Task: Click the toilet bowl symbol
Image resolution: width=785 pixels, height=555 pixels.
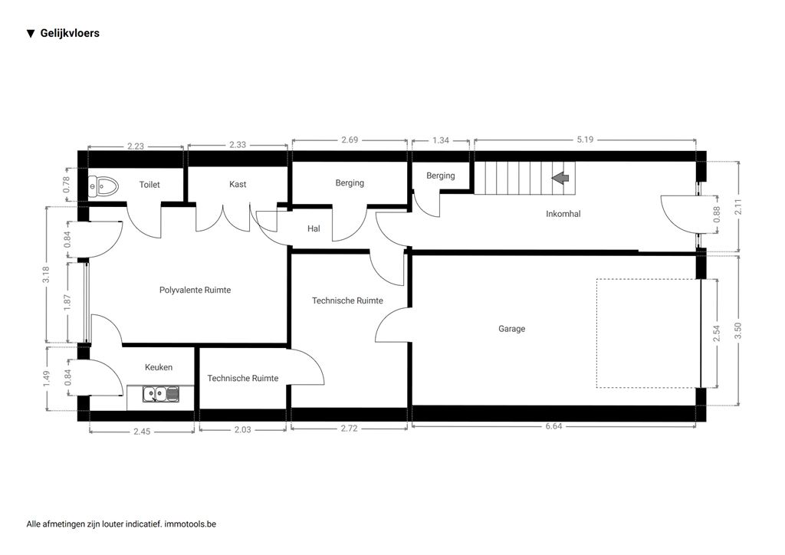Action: [x=103, y=186]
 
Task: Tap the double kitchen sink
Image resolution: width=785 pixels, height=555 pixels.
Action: [x=161, y=394]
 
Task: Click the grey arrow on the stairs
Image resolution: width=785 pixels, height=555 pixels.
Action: [x=560, y=178]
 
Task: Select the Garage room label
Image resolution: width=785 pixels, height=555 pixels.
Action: [x=511, y=329]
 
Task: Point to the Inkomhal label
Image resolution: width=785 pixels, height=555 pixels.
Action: [x=563, y=214]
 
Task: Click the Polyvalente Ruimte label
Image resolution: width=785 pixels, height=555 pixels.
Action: [x=195, y=290]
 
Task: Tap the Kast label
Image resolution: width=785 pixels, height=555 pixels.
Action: [x=238, y=184]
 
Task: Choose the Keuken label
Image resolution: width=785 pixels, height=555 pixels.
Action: [x=159, y=367]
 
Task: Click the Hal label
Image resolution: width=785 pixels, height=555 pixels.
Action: [x=314, y=228]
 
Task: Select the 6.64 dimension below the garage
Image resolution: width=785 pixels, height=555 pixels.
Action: [x=553, y=426]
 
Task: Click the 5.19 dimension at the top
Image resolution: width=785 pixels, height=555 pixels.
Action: [x=585, y=140]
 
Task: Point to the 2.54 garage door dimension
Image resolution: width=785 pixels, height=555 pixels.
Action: [x=717, y=333]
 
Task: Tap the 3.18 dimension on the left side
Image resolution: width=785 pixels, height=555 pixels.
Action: [x=46, y=274]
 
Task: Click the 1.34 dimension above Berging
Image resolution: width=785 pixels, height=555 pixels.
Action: [x=441, y=140]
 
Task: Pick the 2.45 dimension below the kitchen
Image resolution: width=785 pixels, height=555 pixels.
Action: [x=142, y=432]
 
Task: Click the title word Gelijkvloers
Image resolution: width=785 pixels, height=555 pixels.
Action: [x=70, y=34]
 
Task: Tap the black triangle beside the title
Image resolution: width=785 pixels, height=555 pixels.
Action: [x=31, y=34]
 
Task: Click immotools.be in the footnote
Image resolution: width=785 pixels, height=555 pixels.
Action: [x=190, y=524]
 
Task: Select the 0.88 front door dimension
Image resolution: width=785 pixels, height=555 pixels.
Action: [x=717, y=215]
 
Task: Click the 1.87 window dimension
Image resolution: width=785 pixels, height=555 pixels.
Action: [x=67, y=302]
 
